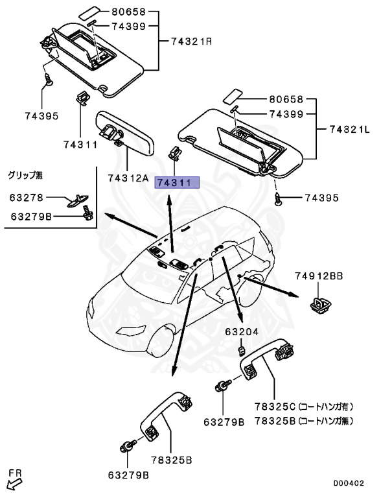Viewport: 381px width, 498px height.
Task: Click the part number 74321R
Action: tap(192, 41)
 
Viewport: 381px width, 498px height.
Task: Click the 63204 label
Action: tap(242, 332)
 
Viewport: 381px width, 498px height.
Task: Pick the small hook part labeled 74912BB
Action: tap(319, 303)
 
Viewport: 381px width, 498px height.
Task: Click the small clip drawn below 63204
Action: tap(240, 351)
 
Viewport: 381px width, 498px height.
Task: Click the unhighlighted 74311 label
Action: tap(80, 143)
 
